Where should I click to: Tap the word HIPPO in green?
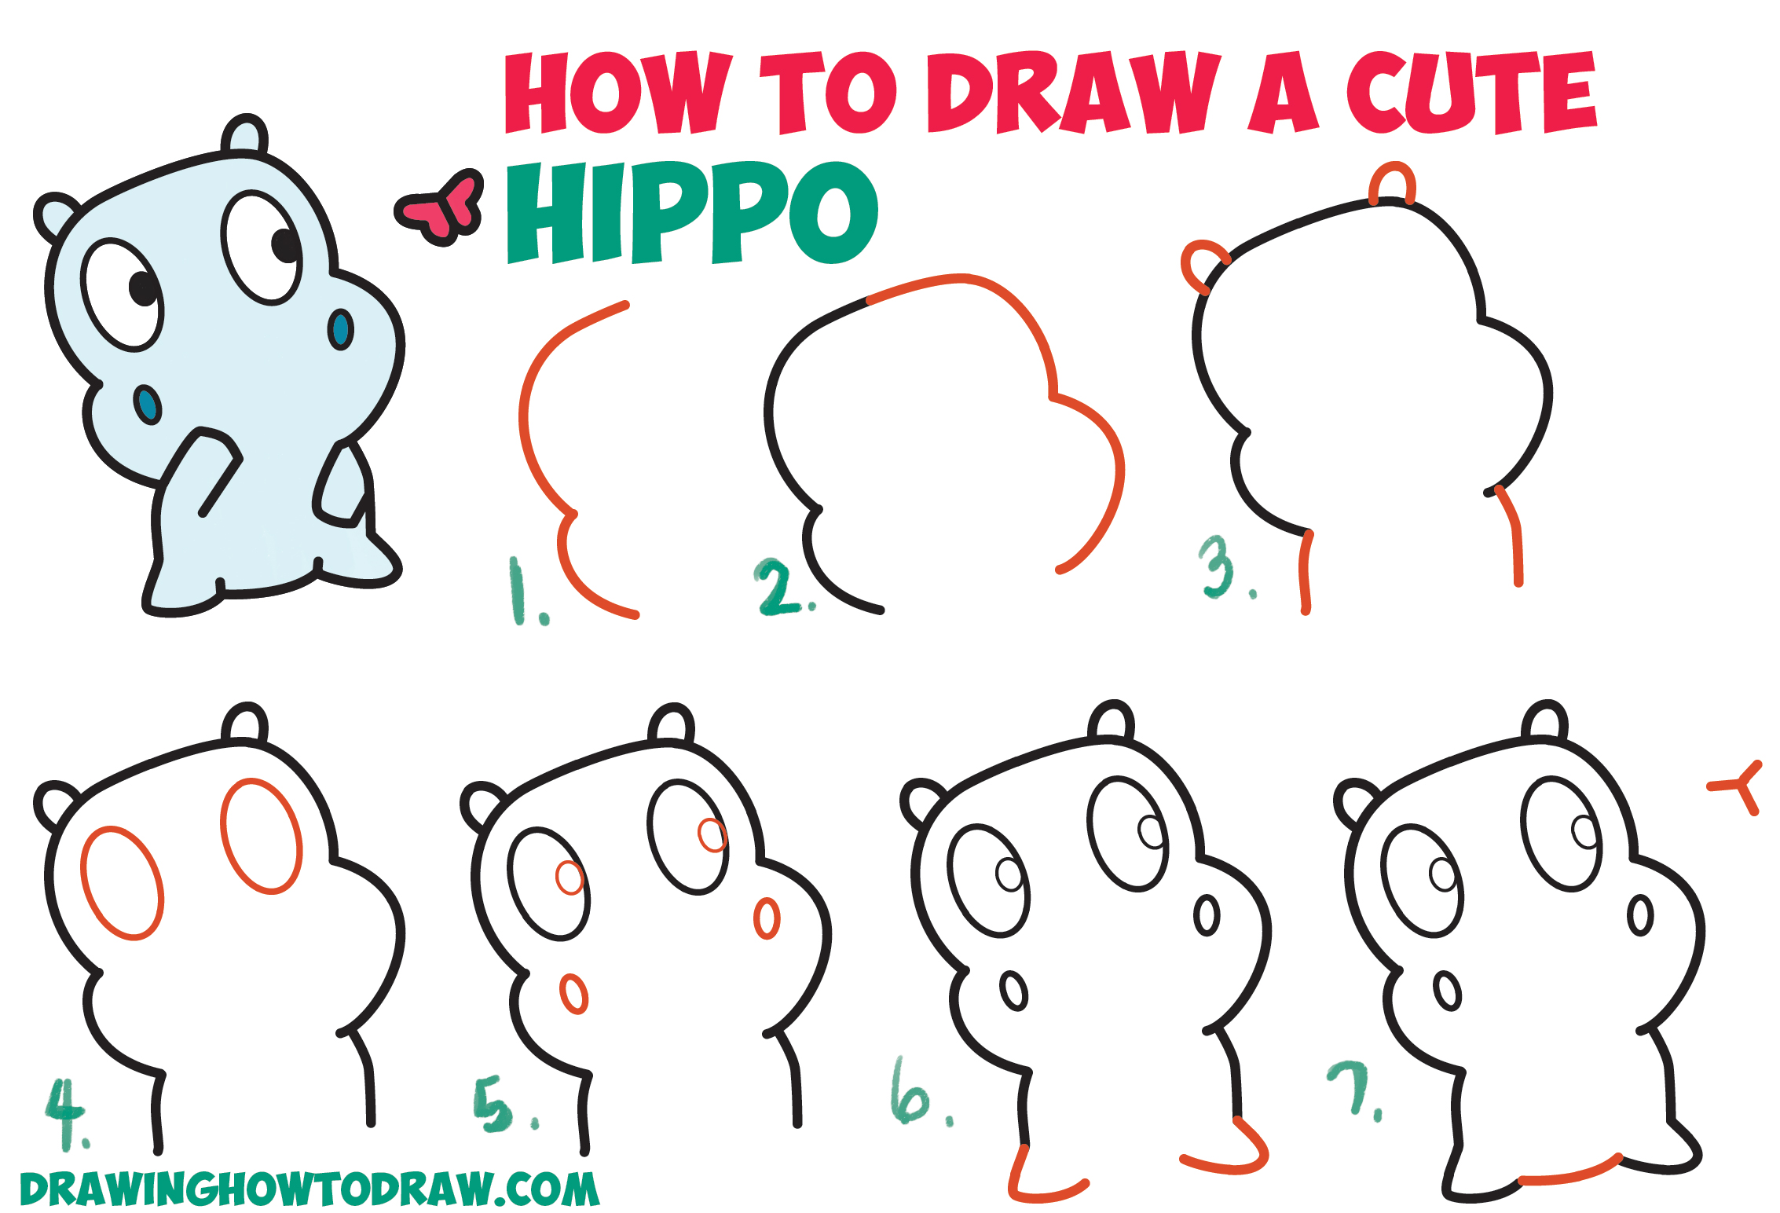pos(691,214)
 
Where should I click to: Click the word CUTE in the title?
pos(1471,93)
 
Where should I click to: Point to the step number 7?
pos(1352,1087)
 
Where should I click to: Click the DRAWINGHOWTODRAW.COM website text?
pos(309,1189)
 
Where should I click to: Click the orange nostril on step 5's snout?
pos(766,918)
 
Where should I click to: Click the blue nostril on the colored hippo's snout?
pos(340,329)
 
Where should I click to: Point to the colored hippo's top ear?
pos(244,134)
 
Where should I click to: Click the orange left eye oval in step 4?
pos(122,883)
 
